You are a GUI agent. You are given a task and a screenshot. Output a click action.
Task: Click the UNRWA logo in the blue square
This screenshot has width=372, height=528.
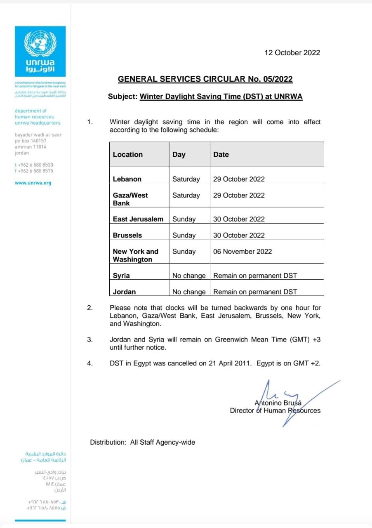40,51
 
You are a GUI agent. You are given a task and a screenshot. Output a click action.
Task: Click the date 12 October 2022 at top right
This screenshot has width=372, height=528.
292,52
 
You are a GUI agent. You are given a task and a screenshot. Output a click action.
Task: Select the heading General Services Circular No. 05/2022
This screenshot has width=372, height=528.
205,79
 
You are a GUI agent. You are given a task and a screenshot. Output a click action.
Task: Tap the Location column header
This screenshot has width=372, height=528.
128,154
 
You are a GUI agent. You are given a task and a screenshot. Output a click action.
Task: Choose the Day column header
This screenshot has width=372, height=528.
179,154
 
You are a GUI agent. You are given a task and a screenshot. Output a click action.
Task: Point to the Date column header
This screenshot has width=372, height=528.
221,154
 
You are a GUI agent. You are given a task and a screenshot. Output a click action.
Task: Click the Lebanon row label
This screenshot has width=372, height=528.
127,179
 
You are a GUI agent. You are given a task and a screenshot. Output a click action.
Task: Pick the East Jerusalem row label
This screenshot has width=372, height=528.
138,219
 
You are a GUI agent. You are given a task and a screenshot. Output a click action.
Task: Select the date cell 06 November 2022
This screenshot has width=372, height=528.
243,251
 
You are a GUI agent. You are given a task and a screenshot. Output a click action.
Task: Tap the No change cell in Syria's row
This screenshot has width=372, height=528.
189,276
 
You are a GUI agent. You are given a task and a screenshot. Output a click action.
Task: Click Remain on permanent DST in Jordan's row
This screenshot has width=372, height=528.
255,292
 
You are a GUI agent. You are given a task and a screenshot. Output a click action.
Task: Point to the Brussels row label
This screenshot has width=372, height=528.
127,235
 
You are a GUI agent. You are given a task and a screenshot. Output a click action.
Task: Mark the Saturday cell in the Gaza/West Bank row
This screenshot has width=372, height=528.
186,195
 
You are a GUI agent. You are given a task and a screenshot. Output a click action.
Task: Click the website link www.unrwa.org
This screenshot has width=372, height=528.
33,183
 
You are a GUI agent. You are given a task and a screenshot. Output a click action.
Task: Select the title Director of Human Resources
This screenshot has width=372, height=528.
275,410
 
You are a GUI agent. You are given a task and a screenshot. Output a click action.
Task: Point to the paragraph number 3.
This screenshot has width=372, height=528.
89,339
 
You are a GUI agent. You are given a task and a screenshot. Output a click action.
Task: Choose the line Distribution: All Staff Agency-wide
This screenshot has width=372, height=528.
142,442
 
